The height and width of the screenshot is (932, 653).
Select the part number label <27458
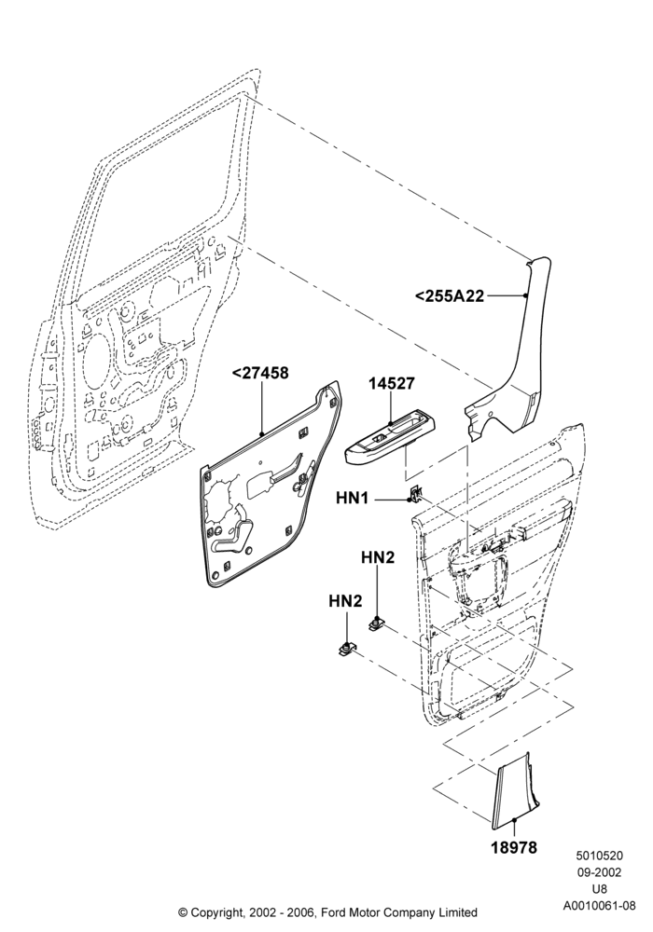pos(260,374)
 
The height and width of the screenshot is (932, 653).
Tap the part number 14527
pos(391,383)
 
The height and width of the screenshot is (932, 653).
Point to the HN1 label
pos(353,498)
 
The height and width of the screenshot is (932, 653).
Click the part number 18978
pos(514,847)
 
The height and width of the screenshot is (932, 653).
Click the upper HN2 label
pos(378,557)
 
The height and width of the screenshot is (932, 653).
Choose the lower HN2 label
pos(345,601)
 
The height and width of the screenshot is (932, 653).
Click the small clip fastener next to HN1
pos(416,493)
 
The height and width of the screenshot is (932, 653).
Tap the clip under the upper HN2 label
pos(377,624)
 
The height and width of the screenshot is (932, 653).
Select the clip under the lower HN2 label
pos(345,650)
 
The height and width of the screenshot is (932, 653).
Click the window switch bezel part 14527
pos(391,437)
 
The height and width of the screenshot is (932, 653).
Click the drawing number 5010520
pos(599,856)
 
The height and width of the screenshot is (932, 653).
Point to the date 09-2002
pos(599,872)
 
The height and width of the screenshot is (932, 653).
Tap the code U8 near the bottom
pos(599,890)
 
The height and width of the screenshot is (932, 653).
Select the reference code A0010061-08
pos(600,907)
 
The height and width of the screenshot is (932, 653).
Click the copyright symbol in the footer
pos(183,911)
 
